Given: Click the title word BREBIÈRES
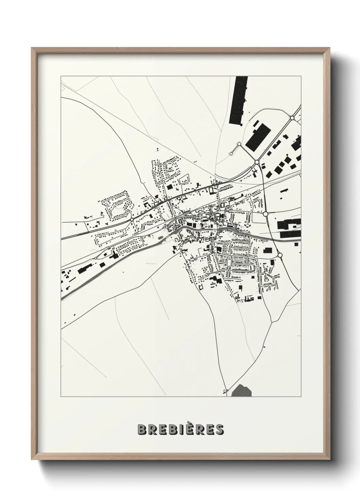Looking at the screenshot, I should click(180, 429).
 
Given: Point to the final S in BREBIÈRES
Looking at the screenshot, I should click(219, 429).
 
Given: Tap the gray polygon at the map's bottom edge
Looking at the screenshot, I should click(242, 391).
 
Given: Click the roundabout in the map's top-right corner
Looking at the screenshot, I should click(292, 118).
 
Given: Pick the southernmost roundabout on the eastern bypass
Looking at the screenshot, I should click(280, 255).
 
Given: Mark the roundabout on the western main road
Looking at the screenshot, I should click(132, 220).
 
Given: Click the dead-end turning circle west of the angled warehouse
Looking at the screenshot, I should click(231, 154).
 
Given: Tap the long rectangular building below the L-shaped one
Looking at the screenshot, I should click(290, 235).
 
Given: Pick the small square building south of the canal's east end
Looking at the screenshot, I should click(272, 262).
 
